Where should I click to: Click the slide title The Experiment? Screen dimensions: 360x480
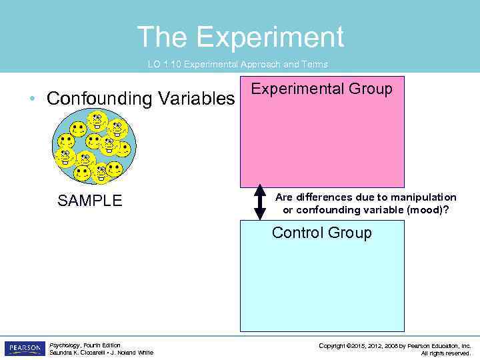pos(240,37)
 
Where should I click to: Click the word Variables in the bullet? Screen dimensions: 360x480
pos(196,99)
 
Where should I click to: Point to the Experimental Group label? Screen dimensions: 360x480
pos(321,89)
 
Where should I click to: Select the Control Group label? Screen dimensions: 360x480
pos(321,233)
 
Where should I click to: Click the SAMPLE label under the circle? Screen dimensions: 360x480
pos(90,201)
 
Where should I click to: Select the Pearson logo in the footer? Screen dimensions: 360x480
pos(25,348)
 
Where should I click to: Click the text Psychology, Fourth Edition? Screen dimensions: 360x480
pos(85,345)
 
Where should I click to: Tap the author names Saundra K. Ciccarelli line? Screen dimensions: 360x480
pos(101,353)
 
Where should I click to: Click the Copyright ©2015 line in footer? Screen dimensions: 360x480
pos(395,345)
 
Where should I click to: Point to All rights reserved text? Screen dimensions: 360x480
pos(445,353)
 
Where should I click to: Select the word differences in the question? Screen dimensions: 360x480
pos(326,197)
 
